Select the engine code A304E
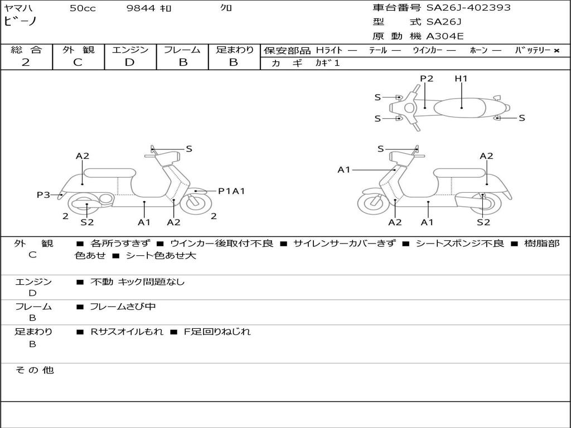pyautogui.click(x=445, y=37)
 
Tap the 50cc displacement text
pyautogui.click(x=83, y=8)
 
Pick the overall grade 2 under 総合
pyautogui.click(x=26, y=62)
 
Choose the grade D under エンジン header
pyautogui.click(x=130, y=62)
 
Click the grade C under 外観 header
pyautogui.click(x=78, y=62)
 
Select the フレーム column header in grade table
pyautogui.click(x=182, y=50)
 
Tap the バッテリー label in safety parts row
pyautogui.click(x=532, y=51)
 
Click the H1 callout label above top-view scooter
pyautogui.click(x=461, y=79)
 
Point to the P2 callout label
pyautogui.click(x=427, y=79)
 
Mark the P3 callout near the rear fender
pyautogui.click(x=43, y=194)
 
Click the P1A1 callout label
pyautogui.click(x=231, y=191)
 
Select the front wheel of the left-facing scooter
pyautogui.click(x=373, y=203)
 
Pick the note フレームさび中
pyautogui.click(x=123, y=307)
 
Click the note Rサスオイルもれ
pyautogui.click(x=127, y=332)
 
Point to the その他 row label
pyautogui.click(x=34, y=370)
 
